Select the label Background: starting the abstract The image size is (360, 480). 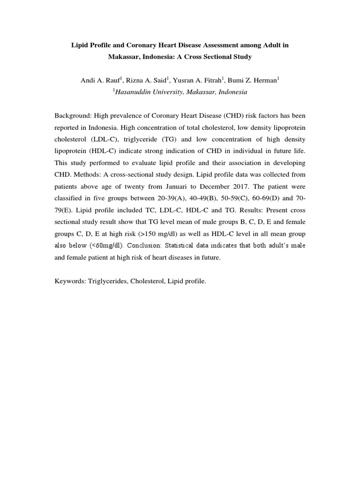73,115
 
